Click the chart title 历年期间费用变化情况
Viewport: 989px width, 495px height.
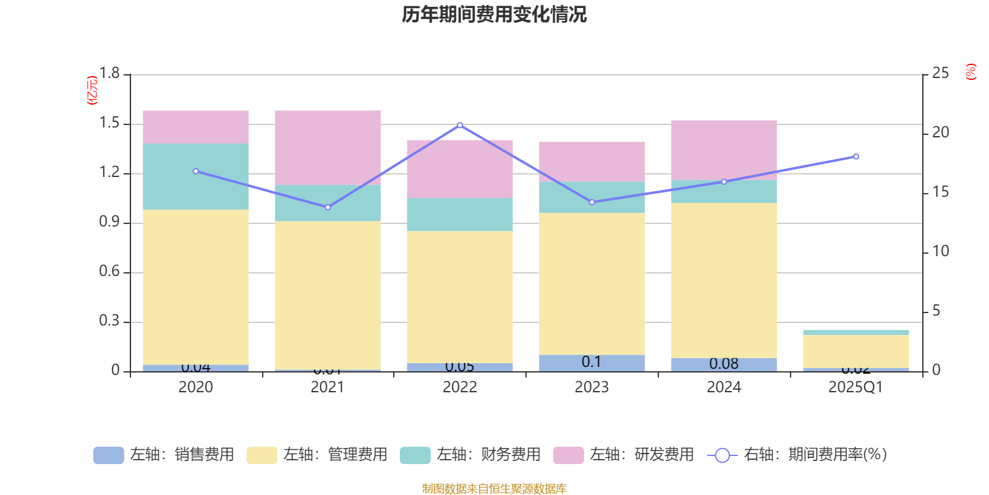(x=494, y=14)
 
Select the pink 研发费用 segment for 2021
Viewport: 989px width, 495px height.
(x=328, y=147)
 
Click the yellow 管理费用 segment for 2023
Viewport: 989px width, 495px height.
(x=592, y=283)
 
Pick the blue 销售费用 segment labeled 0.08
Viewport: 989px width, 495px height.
(x=724, y=364)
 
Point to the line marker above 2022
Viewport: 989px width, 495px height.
(x=460, y=125)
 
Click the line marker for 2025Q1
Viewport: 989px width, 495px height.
(x=856, y=157)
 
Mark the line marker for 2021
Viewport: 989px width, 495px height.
(x=328, y=207)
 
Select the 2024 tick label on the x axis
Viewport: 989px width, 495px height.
(x=724, y=387)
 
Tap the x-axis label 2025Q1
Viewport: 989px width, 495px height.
(x=855, y=387)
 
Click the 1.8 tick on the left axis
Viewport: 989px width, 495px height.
(x=109, y=74)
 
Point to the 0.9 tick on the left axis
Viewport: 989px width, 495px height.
(x=109, y=222)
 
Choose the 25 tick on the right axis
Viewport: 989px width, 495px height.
(x=940, y=74)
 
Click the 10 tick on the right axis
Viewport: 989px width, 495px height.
(x=940, y=251)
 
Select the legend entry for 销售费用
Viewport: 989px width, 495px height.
(x=164, y=455)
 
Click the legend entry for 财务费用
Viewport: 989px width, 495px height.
(x=470, y=455)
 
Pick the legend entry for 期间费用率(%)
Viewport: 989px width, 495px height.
(x=797, y=455)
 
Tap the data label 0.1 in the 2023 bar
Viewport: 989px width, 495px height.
(x=592, y=362)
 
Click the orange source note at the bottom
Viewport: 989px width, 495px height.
(x=494, y=489)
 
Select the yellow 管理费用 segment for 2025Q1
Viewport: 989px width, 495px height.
(x=856, y=351)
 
